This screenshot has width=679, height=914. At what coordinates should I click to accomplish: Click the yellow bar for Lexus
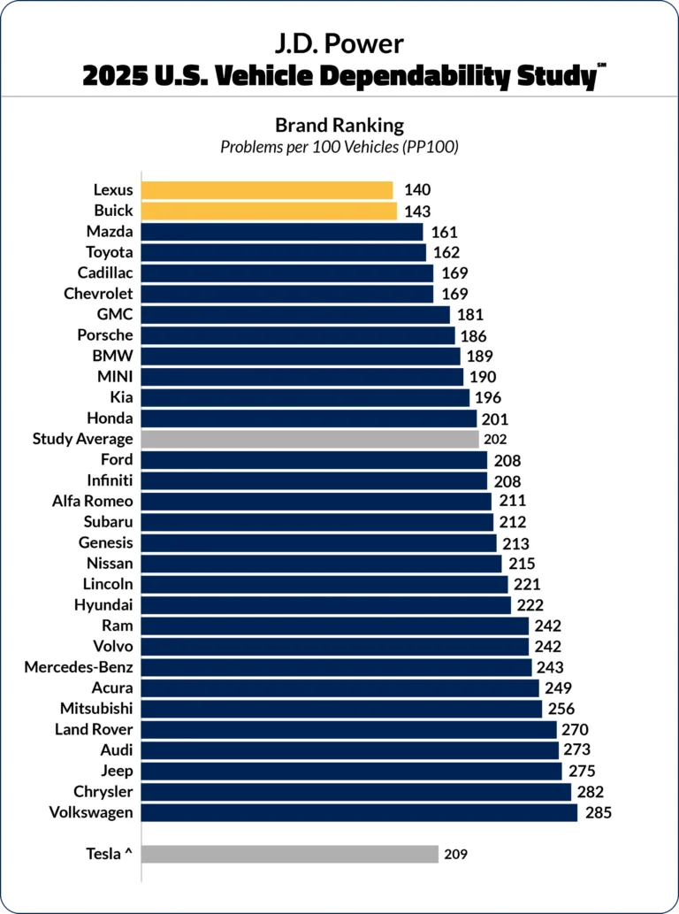pyautogui.click(x=267, y=190)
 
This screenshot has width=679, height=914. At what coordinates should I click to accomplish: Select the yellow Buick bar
pyautogui.click(x=269, y=211)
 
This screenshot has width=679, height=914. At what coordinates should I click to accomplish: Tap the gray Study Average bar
pyautogui.click(x=309, y=439)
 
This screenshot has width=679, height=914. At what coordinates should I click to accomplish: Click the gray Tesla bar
pyautogui.click(x=289, y=854)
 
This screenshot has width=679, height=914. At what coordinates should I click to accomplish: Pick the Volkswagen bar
pyautogui.click(x=359, y=812)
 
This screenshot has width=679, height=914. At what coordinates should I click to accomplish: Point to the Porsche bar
pyautogui.click(x=298, y=335)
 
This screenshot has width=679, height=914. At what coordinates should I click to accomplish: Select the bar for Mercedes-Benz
pyautogui.click(x=336, y=667)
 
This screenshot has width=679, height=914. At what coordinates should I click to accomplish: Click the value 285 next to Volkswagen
pyautogui.click(x=599, y=812)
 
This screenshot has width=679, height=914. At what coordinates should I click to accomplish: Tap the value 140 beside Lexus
pyautogui.click(x=417, y=190)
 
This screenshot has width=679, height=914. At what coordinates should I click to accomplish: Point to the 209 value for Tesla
pyautogui.click(x=455, y=854)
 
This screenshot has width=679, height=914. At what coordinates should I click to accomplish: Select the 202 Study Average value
pyautogui.click(x=494, y=439)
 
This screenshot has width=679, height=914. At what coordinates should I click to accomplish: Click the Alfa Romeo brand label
pyautogui.click(x=93, y=502)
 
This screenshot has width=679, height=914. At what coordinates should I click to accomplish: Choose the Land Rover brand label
pyautogui.click(x=94, y=729)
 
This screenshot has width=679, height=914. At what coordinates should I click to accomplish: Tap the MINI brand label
pyautogui.click(x=115, y=377)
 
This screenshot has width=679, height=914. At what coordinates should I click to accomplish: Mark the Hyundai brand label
pyautogui.click(x=103, y=605)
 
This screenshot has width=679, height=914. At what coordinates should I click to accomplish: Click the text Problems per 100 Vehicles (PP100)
pyautogui.click(x=339, y=147)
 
